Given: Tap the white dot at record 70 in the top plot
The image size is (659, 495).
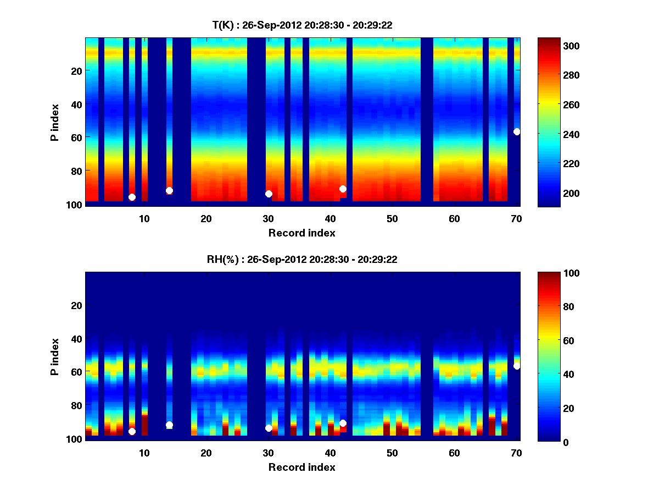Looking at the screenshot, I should point(517,131).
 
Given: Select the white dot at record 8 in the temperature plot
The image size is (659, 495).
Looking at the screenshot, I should point(132,197).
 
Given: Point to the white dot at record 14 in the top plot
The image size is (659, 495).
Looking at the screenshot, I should point(169,190).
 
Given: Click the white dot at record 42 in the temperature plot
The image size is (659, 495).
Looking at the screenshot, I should point(343,189).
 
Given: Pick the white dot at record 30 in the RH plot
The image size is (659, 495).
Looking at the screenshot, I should point(269,428).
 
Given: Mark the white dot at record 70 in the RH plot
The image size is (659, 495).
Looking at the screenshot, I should point(517,366).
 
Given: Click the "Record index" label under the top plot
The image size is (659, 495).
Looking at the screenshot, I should point(301,233).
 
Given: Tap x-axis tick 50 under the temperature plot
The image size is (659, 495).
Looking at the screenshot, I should point(392,218).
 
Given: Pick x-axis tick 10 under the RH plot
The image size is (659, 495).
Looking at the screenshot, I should point(144,453).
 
